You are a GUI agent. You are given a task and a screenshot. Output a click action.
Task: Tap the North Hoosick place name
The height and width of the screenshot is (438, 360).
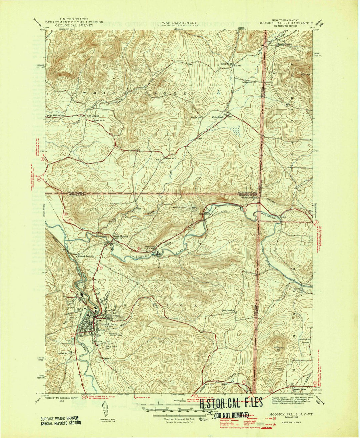[x=121, y=236]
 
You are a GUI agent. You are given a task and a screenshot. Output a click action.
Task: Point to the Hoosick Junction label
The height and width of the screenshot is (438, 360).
[x=86, y=256]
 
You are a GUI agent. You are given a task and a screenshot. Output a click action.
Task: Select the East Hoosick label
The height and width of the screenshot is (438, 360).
[x=229, y=310]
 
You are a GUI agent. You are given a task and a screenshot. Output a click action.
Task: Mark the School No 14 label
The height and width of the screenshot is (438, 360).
[x=64, y=353]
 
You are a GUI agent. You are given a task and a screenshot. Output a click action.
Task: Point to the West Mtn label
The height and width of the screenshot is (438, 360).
[x=306, y=75]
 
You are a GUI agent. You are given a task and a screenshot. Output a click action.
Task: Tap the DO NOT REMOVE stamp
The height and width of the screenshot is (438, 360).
[x=232, y=415]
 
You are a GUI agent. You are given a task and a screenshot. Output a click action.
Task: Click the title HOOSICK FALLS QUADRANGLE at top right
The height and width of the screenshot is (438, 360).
[x=285, y=23]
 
